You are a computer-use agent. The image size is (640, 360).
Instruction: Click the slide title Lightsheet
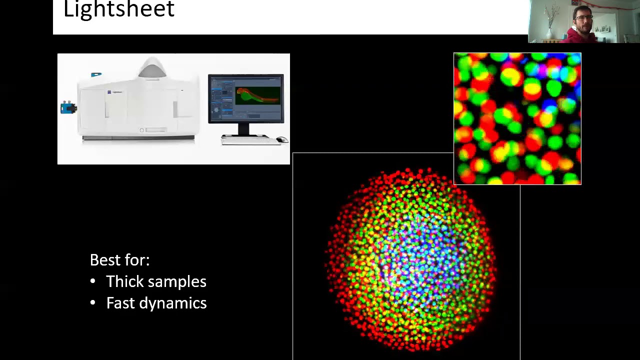[x=119, y=9]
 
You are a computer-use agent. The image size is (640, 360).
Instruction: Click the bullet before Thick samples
[x=92, y=281]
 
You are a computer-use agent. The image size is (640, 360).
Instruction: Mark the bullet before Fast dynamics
[x=92, y=303]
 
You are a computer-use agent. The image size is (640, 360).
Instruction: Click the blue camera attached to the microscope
[x=68, y=107]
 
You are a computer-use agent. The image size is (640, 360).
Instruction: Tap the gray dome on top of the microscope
[x=152, y=69]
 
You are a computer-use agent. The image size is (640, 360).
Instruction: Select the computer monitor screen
[x=246, y=98]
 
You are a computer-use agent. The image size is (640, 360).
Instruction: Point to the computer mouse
[x=282, y=139]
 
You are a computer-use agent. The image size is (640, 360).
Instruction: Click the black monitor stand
[x=243, y=129]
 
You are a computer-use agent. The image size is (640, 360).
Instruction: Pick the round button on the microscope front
[x=142, y=130]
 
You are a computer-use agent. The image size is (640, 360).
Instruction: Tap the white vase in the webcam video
[x=549, y=33]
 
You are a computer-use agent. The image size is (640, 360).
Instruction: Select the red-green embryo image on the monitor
[x=258, y=95]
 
